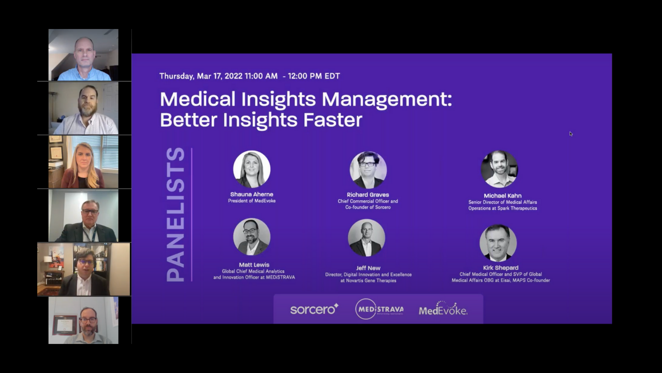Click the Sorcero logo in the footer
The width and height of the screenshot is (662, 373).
[x=314, y=309]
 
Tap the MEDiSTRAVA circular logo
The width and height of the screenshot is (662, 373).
[x=379, y=309]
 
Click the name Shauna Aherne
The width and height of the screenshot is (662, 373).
[x=252, y=194]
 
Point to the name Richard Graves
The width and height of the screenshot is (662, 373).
[x=368, y=195]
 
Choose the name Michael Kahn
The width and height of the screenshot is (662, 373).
[x=502, y=196]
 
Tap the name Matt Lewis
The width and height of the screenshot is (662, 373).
[x=254, y=265]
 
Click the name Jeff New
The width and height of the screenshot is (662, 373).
[x=368, y=268]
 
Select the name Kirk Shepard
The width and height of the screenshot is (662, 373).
[x=501, y=268]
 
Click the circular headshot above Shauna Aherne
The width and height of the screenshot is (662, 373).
[x=252, y=170]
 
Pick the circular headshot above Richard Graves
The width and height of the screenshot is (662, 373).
[x=368, y=170]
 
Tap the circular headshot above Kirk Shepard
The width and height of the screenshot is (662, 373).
[x=498, y=243]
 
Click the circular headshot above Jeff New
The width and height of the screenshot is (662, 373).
[x=367, y=238]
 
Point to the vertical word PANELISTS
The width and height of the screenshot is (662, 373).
[x=175, y=215]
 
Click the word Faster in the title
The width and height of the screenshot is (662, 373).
[x=333, y=120]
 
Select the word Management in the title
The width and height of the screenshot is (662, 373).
[x=386, y=99]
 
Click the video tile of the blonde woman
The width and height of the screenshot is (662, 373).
[x=83, y=162]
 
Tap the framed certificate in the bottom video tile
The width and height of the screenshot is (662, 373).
[x=65, y=325]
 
